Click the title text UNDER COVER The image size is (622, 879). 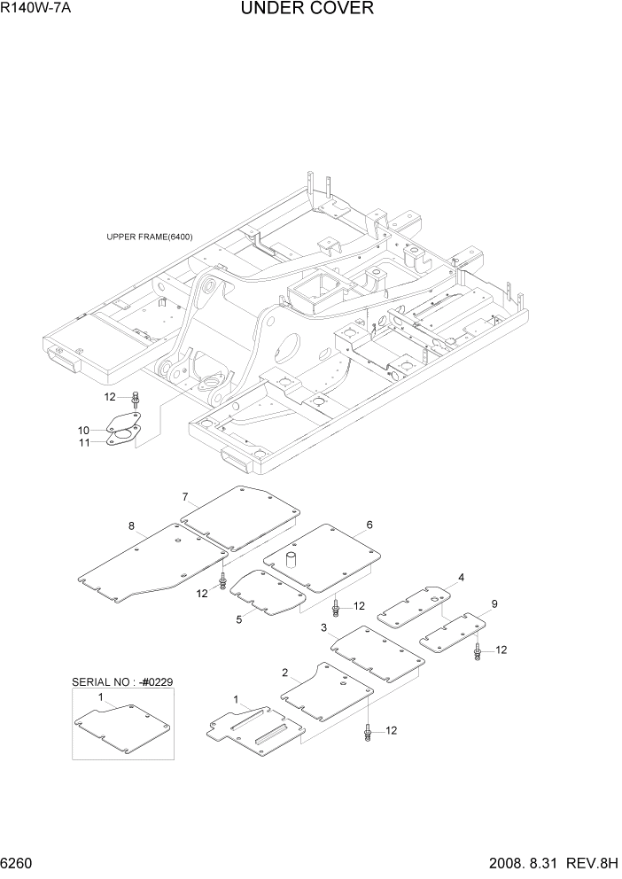(x=307, y=9)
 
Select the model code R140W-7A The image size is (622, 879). (x=36, y=9)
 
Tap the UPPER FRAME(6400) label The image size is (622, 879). (x=149, y=237)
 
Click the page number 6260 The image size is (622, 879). (x=19, y=861)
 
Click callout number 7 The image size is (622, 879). (x=185, y=496)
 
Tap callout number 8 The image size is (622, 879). (x=131, y=526)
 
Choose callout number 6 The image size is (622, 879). (x=369, y=525)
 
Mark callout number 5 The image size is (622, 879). (x=239, y=619)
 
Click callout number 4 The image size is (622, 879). (x=461, y=578)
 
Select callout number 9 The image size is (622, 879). (x=494, y=604)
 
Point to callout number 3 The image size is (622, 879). (x=324, y=627)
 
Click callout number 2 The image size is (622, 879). (x=285, y=673)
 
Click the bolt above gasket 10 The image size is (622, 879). (x=134, y=400)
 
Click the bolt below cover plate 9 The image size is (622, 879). (x=478, y=652)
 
